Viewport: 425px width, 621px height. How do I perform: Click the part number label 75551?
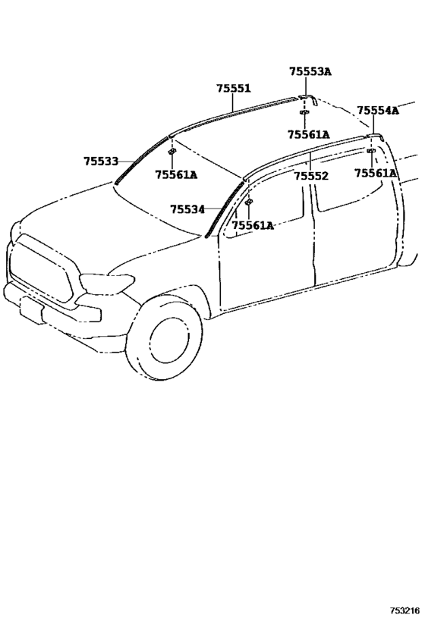[234, 88]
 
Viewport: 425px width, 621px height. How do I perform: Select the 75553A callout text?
[310, 71]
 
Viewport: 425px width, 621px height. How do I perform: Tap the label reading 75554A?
[378, 110]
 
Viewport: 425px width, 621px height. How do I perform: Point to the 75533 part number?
[101, 162]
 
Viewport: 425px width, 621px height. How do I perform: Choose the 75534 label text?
[187, 209]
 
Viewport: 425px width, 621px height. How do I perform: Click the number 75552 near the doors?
[311, 176]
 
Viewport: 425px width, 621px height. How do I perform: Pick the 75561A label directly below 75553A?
[309, 135]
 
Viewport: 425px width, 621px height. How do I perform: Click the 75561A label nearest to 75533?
[176, 174]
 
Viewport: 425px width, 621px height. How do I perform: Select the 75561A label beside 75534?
[253, 225]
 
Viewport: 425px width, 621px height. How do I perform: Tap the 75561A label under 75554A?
[375, 173]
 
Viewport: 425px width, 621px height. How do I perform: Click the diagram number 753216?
[405, 610]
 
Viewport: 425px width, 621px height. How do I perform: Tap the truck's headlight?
[107, 283]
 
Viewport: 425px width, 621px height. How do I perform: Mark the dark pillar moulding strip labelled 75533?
[141, 161]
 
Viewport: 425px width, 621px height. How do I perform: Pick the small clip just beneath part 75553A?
[304, 112]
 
